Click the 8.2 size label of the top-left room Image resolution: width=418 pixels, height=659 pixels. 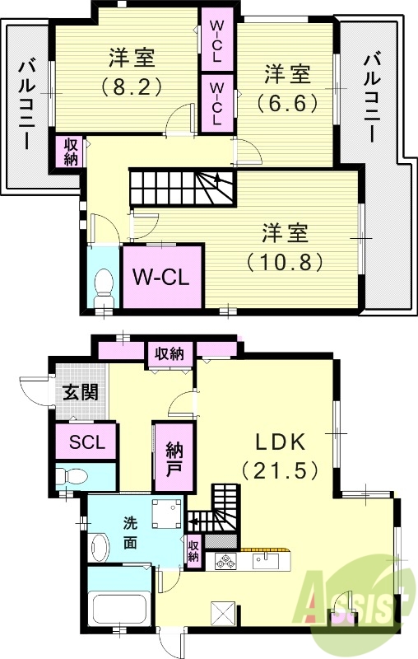point(129,85)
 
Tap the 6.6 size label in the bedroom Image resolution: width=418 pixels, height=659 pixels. point(287,103)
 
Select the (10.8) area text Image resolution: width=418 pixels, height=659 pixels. point(285,261)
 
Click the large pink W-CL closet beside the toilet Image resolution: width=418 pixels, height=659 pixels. point(162,276)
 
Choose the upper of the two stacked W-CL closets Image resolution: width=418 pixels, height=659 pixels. point(216,41)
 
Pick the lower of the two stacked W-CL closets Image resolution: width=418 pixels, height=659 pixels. point(216,102)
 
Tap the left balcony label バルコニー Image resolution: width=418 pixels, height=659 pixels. point(27,103)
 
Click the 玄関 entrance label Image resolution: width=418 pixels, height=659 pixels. point(81,391)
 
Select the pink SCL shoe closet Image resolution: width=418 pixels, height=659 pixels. point(86,442)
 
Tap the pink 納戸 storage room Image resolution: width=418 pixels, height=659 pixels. point(174,460)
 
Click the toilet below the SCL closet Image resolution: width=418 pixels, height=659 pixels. point(72,476)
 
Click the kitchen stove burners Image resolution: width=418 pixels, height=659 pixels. point(225,562)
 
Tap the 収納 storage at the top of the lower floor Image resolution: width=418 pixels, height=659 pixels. point(170,353)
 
